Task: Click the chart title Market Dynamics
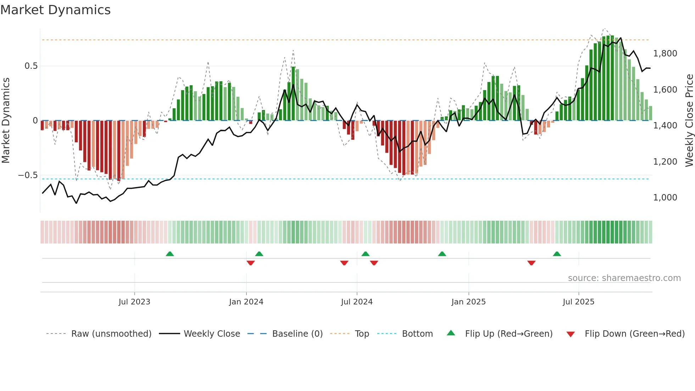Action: [56, 10]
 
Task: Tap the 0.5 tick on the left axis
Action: [31, 66]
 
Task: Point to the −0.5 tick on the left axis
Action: [28, 175]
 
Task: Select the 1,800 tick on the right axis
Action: [665, 54]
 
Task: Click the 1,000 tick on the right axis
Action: [665, 198]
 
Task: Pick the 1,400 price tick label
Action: [665, 126]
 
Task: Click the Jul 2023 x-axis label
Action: [134, 302]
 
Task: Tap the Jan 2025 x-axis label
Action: [468, 302]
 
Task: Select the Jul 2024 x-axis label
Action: [357, 302]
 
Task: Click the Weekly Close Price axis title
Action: [689, 121]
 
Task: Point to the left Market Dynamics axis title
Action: [6, 121]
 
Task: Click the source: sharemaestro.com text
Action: [624, 278]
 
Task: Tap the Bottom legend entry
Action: [417, 334]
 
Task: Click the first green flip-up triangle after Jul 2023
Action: [170, 254]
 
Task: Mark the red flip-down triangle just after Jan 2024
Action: [251, 263]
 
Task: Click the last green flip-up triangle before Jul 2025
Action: [557, 254]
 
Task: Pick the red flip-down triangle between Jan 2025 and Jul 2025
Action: [531, 263]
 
